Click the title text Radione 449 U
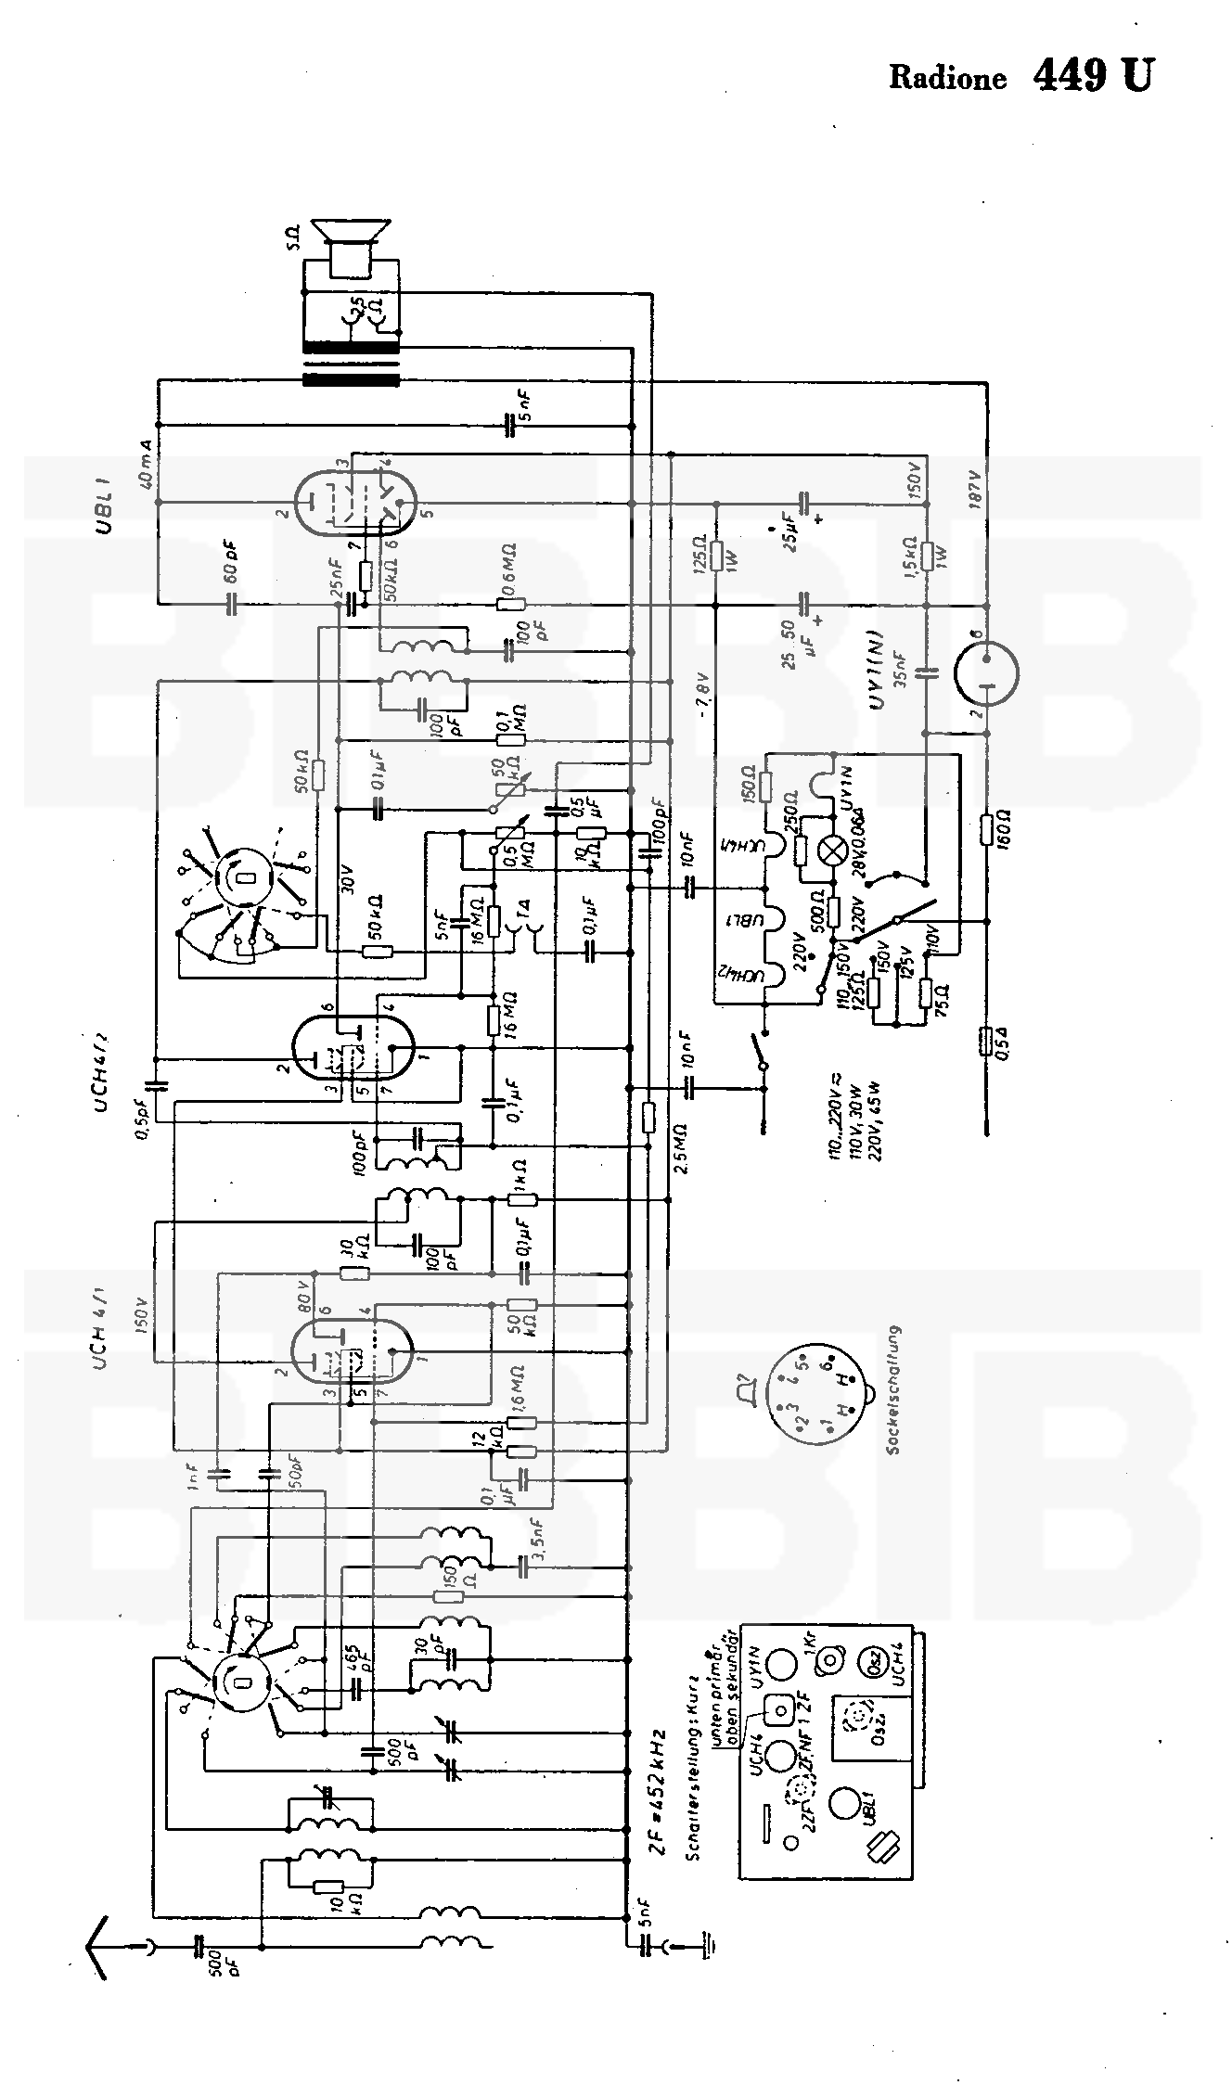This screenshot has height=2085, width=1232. (x=1020, y=76)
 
